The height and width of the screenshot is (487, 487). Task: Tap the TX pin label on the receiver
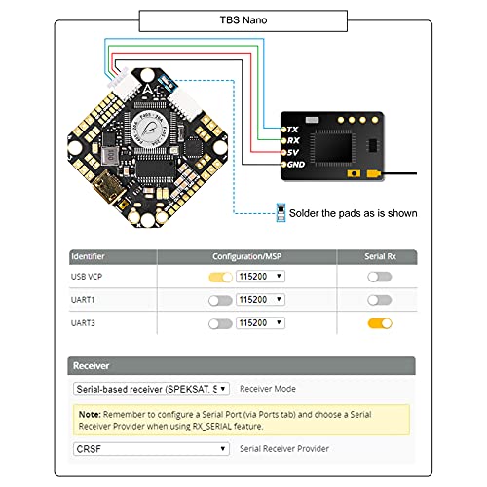[291, 130]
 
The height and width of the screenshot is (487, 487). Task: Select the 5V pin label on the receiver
[292, 153]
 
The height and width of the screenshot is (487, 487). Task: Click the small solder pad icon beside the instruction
[281, 211]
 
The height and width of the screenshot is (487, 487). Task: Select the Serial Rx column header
[379, 256]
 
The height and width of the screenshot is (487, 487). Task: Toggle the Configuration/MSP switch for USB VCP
[220, 277]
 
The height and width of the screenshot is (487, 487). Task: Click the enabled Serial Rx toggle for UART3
[379, 322]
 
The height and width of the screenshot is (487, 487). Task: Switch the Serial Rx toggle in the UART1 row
[379, 300]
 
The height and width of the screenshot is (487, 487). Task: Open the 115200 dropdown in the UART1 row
[261, 300]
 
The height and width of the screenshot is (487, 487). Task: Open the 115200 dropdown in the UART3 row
[261, 322]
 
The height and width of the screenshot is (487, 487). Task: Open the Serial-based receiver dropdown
[152, 388]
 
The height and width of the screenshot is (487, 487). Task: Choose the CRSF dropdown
[152, 449]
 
